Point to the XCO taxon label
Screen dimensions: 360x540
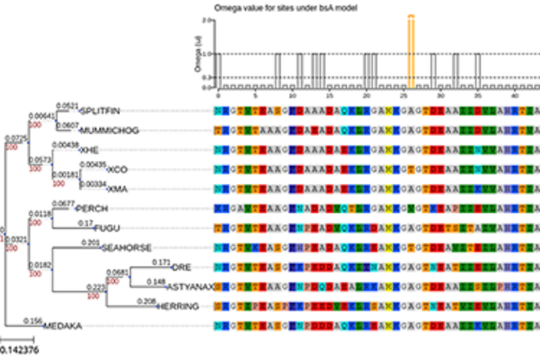[117, 169]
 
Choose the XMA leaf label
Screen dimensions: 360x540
[118, 188]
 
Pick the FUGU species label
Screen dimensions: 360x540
[106, 228]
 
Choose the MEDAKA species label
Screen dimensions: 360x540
[63, 326]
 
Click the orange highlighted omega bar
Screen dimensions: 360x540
[411, 51]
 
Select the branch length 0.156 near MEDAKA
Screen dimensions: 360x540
[33, 321]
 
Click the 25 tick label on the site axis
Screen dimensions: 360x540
[403, 97]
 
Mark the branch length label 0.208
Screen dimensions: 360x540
[147, 301]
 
